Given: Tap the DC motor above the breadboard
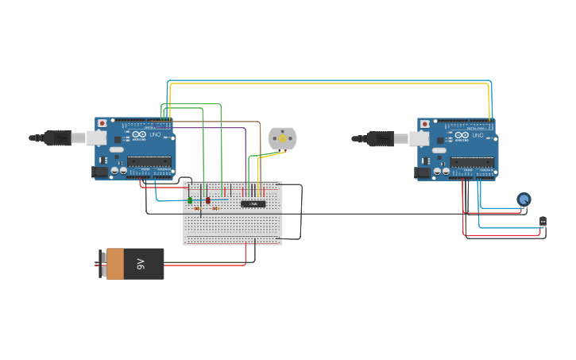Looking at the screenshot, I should coord(282,138).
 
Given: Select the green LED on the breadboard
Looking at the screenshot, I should coord(190,199).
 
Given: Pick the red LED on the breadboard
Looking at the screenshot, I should coord(208,200).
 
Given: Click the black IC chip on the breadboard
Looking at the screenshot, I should coord(253,204).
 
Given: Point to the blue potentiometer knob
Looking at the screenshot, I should coord(524,199).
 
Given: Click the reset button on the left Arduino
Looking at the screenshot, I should coord(102,124).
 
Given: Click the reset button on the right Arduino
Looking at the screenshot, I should coord(425,125).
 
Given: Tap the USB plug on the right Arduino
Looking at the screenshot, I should coord(381,139).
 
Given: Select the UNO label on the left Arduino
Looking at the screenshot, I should coord(155,135).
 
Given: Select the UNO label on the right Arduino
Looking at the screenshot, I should coord(477,136).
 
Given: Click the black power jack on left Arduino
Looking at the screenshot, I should coord(99,171).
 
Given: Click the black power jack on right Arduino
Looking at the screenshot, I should coord(422,172).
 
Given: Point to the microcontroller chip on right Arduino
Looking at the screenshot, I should coord(473,161).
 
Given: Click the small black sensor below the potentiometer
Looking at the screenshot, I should coord(543,222).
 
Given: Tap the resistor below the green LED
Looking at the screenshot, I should coord(197,209).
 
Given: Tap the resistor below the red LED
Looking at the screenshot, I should coord(215,209).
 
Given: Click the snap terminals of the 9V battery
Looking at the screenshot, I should coord(102,264).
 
